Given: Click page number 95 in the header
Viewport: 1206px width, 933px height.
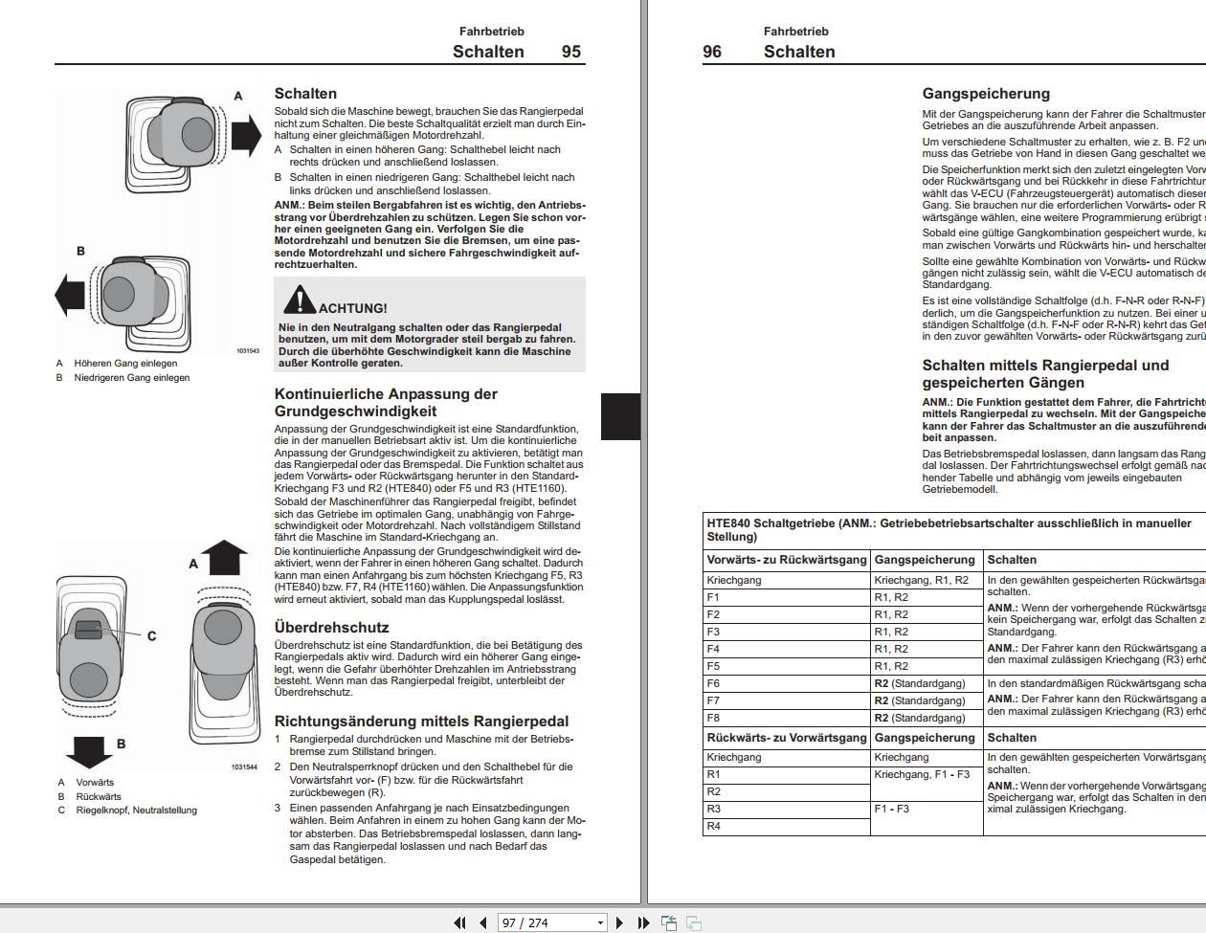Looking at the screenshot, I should (x=570, y=52).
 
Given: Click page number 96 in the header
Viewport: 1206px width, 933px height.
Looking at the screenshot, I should (x=712, y=52).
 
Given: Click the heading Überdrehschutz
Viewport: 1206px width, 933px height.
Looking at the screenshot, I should (x=331, y=628).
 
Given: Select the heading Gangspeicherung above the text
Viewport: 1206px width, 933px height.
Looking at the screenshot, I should (x=986, y=94).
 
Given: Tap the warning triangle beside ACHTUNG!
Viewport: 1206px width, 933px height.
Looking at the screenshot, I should (x=299, y=300).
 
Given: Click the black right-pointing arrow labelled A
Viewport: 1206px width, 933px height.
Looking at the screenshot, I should (x=246, y=134).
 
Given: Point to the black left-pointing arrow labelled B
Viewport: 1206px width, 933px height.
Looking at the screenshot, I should (x=71, y=294).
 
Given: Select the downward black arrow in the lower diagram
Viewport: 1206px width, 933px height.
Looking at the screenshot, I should (x=91, y=750).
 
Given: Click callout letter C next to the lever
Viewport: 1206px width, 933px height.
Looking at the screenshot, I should (x=151, y=636).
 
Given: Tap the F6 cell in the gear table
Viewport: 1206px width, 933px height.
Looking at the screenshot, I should (x=713, y=683).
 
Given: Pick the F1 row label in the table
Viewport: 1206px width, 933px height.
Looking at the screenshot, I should (x=713, y=597).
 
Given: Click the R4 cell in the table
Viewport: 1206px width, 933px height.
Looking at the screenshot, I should (x=714, y=826).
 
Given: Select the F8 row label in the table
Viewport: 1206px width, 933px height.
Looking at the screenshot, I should (x=713, y=718).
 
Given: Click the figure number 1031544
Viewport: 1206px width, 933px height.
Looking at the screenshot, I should (x=244, y=767).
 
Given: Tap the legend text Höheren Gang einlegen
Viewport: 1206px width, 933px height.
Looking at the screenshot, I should (x=125, y=364).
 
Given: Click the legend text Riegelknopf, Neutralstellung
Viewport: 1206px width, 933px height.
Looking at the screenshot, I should (x=136, y=811).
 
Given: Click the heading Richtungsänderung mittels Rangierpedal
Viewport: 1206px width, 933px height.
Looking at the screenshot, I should (x=421, y=722).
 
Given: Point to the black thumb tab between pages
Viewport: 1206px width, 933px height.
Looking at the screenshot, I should (x=620, y=416).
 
